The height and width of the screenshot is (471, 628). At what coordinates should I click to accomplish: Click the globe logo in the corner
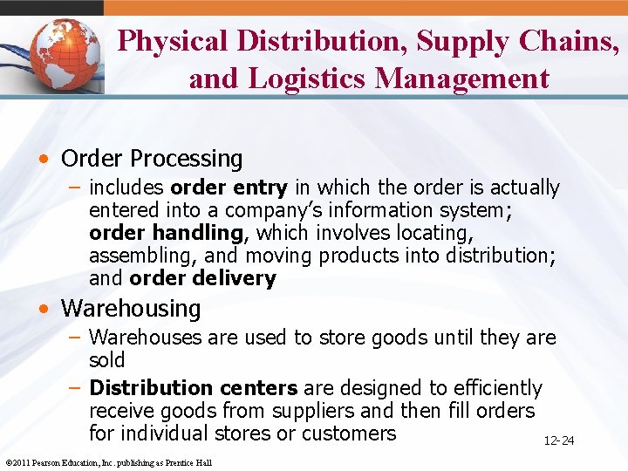[x=61, y=55]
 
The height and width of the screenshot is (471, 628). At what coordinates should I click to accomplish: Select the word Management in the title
[x=462, y=78]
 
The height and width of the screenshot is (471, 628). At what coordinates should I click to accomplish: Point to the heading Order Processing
[x=152, y=159]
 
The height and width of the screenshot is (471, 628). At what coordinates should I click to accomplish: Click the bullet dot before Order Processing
[x=44, y=160]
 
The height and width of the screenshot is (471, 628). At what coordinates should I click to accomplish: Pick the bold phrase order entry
[x=229, y=188]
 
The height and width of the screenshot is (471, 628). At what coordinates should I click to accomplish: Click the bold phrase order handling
[x=166, y=233]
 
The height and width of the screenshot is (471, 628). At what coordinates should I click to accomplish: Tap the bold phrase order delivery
[x=202, y=278]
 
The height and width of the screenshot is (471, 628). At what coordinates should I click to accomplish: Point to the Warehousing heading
[x=131, y=308]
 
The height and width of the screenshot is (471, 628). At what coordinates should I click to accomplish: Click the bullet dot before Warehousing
[x=44, y=309]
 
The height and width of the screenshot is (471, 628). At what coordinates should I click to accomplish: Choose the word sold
[x=107, y=359]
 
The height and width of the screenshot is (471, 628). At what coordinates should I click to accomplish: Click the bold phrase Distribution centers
[x=194, y=387]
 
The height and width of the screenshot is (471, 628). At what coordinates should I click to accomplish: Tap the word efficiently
[x=492, y=387]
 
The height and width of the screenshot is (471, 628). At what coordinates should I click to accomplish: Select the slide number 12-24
[x=558, y=440]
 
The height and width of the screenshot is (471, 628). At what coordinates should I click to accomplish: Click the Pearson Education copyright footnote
[x=108, y=462]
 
